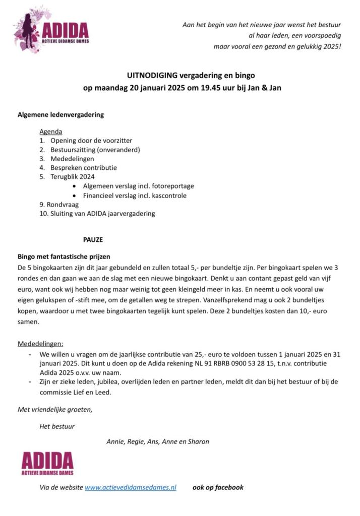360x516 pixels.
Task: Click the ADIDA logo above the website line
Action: coord(47,463)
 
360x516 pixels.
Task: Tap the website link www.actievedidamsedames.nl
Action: coord(130,487)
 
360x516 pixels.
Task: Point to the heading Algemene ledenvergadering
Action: coord(61,114)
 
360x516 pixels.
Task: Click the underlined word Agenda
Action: coord(50,132)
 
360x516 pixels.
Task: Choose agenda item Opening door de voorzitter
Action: coord(91,141)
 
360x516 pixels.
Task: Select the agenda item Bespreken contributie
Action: coord(83,168)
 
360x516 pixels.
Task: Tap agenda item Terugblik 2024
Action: coord(72,177)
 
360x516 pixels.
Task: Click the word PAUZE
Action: coord(93,240)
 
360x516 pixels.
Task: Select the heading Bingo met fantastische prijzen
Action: coord(64,256)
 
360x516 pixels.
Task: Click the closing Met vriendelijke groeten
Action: coord(55,409)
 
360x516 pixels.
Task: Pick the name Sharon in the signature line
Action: coord(198,441)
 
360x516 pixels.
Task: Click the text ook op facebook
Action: coord(218,487)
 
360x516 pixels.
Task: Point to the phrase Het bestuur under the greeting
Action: coord(57,426)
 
